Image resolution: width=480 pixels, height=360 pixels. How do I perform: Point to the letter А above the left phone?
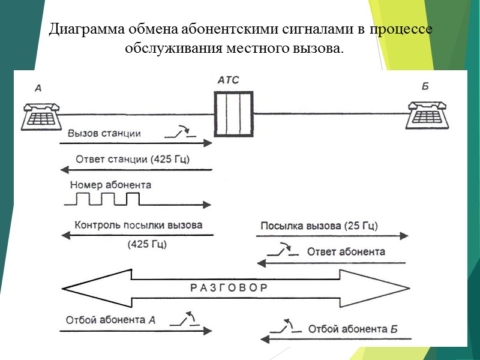pos(38,88)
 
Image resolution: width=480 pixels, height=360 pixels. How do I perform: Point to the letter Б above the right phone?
pos(425,86)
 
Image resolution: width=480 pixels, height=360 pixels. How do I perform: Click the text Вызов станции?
pos(104,133)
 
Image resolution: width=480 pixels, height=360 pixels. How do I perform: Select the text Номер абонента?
pos(110,185)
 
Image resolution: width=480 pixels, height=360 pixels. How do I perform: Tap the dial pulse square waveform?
pos(102,199)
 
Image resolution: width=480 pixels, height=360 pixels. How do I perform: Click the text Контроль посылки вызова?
pos(139,226)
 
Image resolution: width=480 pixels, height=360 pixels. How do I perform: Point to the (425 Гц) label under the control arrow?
pos(147,245)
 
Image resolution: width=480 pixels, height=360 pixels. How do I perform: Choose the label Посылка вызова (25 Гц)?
pos(319,226)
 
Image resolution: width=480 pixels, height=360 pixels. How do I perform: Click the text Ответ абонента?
pos(346,251)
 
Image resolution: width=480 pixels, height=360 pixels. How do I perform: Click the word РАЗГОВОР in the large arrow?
pos(229,287)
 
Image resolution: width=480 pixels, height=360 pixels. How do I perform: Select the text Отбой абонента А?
pos(111,320)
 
